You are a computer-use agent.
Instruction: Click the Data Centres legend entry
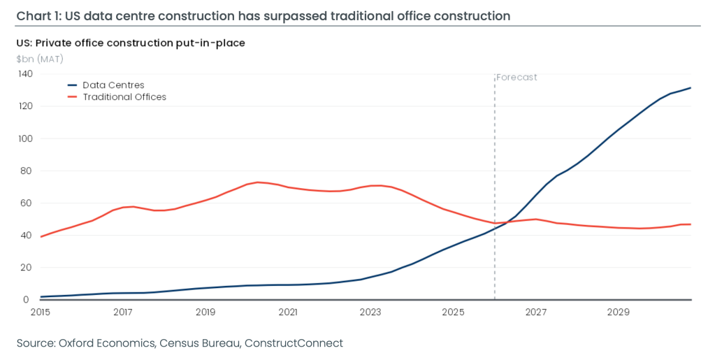(x=106, y=85)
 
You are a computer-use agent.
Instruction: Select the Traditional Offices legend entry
(x=117, y=97)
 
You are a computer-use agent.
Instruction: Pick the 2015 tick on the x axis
(x=41, y=312)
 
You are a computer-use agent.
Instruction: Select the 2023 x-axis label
(x=370, y=312)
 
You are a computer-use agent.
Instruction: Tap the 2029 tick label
(x=619, y=312)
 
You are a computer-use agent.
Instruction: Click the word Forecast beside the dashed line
(x=517, y=78)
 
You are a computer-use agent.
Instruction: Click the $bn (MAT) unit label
(x=40, y=59)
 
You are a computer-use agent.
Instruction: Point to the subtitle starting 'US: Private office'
(x=131, y=43)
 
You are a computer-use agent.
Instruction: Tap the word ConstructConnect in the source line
(x=294, y=343)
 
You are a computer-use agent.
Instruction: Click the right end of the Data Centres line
(x=691, y=87)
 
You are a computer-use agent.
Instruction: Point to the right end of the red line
(x=691, y=224)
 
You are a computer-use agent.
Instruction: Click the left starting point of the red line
(x=41, y=237)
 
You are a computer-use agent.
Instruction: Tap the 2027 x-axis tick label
(x=536, y=312)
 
